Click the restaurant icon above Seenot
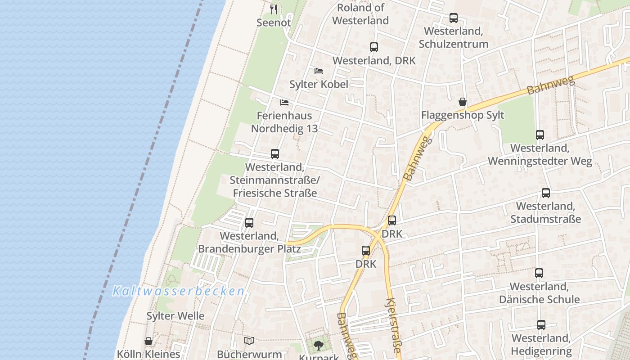pos(274,9)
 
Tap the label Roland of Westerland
pos(360,14)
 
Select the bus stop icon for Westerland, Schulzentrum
pos(454,18)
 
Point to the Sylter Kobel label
pos(319,84)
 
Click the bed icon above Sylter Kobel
pos(319,71)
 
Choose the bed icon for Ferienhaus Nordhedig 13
pos(284,103)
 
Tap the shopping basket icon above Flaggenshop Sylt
pos(463,102)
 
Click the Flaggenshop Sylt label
pos(463,115)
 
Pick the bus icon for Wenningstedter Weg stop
pos(540,135)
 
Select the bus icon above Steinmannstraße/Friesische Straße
pos(275,154)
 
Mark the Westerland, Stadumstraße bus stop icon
pos(546,193)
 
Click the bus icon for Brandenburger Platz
pos(249,223)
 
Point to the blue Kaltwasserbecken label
pos(178,291)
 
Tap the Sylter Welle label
pos(175,316)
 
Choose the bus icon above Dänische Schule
pos(539,273)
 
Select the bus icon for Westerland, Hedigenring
pos(541,325)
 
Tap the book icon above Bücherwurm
pos(249,341)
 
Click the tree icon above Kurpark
pos(319,346)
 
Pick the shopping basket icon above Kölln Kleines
pos(148,342)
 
